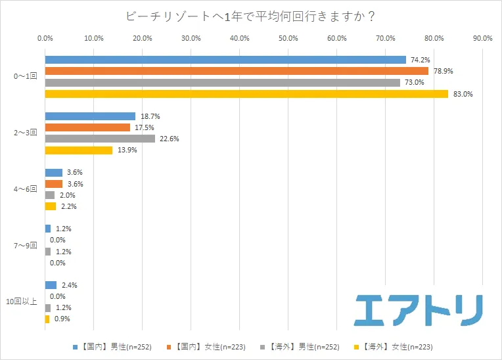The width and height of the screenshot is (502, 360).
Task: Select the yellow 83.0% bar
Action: coord(246,94)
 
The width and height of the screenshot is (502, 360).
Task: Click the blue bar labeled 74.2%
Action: coord(225,60)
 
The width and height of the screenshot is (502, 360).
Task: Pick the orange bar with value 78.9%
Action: coord(237,71)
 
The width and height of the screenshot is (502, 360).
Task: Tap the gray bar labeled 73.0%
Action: coord(222,83)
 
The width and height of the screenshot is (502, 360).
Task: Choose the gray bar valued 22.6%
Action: coord(100,139)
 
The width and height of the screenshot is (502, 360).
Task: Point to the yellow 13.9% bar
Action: coord(79,150)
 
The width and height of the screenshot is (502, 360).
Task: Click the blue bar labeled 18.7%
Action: coord(90,116)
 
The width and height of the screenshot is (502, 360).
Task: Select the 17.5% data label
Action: coord(143,127)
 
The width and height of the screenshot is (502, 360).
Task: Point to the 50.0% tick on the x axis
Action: coord(288,38)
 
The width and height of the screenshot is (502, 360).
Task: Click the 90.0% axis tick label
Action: coord(482,38)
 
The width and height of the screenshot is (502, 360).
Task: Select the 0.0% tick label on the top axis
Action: coord(45,38)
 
